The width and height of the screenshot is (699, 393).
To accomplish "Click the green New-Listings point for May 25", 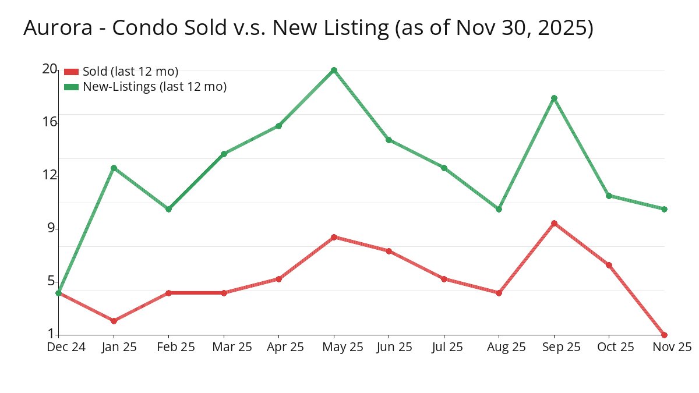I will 334,70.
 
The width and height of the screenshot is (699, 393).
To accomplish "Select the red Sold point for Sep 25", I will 554,224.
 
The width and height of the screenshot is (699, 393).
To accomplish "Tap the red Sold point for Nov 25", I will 664,335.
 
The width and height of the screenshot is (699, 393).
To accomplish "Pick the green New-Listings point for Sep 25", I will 554,98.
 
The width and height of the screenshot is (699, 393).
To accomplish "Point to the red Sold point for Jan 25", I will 114,321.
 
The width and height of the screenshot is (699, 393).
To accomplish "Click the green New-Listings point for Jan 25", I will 114,168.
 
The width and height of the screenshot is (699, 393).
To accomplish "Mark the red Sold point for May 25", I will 334,237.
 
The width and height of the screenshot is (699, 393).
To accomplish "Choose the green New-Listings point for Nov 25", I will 664,209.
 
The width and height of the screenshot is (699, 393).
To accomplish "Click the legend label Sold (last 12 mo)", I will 130,72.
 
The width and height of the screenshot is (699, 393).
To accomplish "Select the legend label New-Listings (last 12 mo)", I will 154,87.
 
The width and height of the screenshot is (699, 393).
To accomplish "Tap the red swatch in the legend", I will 71,72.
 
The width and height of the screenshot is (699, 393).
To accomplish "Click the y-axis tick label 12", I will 50,175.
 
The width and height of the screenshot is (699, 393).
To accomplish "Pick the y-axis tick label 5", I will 51,281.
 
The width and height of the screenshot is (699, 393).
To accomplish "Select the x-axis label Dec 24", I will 66,347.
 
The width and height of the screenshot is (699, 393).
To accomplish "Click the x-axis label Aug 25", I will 506,347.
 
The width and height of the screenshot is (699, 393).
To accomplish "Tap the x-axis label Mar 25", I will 231,347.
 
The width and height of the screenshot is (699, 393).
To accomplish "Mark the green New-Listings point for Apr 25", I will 278,126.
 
